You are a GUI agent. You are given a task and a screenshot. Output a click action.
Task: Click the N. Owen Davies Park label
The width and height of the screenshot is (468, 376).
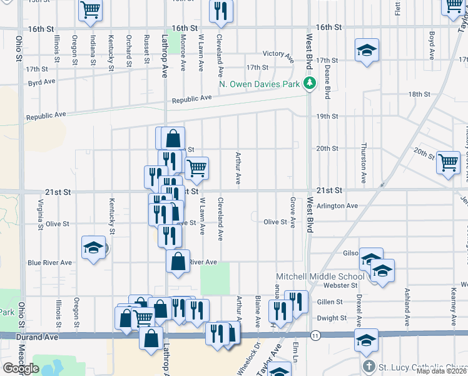click(259, 83)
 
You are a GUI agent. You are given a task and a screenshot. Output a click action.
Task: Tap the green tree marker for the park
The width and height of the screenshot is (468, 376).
click(308, 83)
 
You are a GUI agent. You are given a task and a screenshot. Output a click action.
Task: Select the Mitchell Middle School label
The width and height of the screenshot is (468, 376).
click(320, 276)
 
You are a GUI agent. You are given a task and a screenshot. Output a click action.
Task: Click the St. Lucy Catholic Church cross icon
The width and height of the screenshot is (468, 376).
click(369, 366)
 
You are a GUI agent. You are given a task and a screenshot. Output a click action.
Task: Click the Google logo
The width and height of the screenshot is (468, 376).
click(21, 368)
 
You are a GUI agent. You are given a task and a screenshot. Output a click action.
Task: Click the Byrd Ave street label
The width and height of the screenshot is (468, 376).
click(42, 81)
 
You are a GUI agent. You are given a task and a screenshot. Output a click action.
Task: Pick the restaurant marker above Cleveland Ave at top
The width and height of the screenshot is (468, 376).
click(220, 13)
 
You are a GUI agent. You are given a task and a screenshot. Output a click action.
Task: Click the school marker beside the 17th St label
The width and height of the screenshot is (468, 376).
click(367, 51)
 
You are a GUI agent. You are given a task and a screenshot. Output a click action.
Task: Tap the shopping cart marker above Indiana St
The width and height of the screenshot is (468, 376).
click(91, 11)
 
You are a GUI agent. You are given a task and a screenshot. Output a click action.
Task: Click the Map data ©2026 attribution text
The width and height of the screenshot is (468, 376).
click(441, 371)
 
